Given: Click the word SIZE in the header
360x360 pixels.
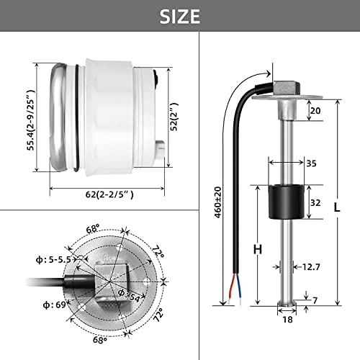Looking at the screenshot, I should [179, 16].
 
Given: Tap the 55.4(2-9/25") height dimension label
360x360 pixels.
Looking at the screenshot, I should [29, 120].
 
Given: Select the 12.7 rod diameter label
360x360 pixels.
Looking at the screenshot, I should [311, 267].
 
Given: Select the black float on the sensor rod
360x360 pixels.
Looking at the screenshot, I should [275, 203].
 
